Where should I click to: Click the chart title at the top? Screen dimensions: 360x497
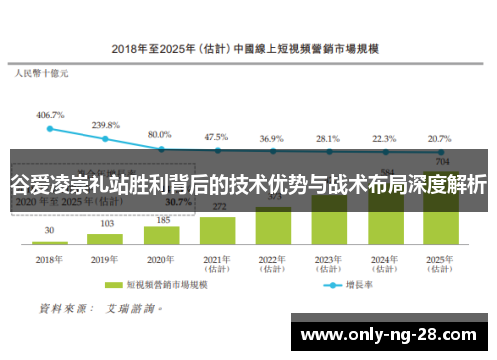point(250,47)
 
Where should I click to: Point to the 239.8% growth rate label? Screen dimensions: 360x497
point(105,125)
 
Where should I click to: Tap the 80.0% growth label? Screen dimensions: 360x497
point(160,133)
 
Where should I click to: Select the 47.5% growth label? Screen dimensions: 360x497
point(216,136)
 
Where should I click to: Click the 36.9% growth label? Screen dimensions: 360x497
point(272,138)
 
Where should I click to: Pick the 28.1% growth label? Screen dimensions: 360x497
point(328,138)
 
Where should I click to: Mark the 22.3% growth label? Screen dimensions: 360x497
point(384,138)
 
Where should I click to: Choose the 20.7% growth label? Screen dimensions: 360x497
point(439,138)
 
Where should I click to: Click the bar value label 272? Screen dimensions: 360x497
point(217,206)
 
